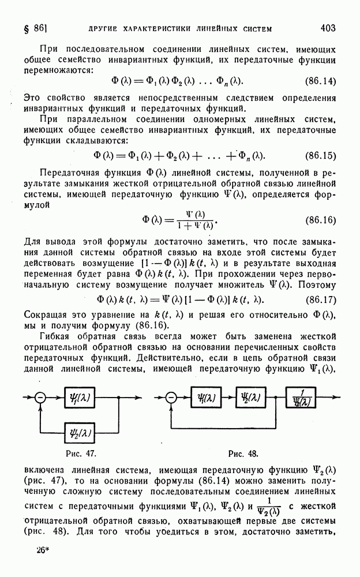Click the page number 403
(x=329, y=27)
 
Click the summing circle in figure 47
(x=40, y=397)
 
